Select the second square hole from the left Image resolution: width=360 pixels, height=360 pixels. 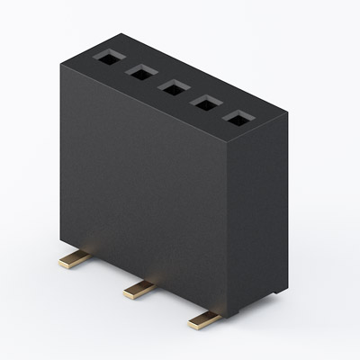[139, 73]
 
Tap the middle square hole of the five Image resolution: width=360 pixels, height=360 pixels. [172, 88]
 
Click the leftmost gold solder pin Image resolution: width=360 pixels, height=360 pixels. [72, 261]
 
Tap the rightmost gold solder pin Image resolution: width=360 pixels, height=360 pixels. [205, 318]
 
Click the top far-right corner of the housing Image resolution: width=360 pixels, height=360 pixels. [287, 109]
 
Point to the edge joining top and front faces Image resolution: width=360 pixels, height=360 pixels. [153, 107]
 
